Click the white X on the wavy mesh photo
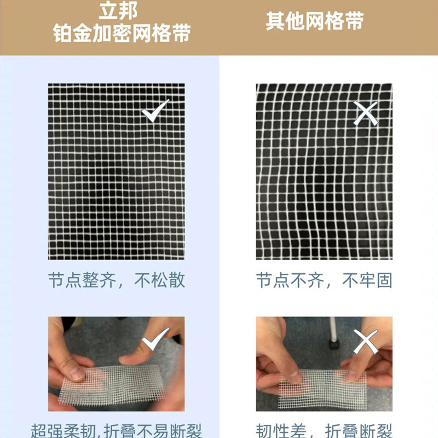[x=366, y=114]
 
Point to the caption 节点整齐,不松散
[x=116, y=280]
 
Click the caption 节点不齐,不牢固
[x=324, y=280]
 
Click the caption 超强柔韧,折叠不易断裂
[x=116, y=430]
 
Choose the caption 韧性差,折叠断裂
[x=324, y=430]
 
